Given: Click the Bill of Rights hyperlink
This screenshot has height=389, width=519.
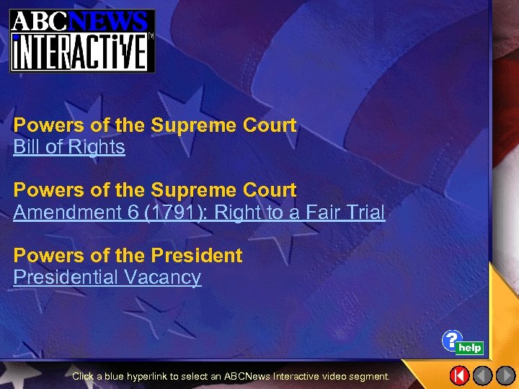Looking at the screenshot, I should click(69, 148).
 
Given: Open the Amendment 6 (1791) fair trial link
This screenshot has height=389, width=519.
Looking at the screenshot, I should click(199, 213).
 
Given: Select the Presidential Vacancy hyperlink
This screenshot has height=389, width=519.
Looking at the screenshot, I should click(107, 277).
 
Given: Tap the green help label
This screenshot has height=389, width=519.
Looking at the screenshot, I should click(470, 348).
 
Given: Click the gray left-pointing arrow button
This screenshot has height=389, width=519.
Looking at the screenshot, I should click(483, 375).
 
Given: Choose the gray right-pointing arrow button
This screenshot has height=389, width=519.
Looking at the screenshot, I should click(505, 375).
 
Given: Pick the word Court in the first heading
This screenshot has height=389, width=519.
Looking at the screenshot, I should click(270, 125).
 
